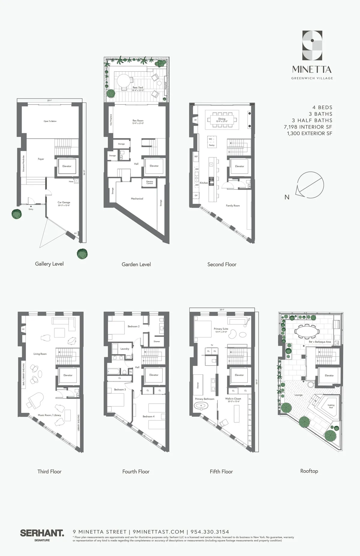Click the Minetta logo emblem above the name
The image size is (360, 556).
click(312, 46)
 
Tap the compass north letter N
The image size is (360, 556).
click(287, 197)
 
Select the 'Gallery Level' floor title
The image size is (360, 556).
click(49, 264)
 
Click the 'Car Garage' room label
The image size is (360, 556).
click(64, 203)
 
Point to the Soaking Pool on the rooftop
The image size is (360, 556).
click(331, 406)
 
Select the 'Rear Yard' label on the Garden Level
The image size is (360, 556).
click(138, 88)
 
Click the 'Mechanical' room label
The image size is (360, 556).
click(137, 199)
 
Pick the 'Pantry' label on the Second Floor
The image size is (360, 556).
click(211, 145)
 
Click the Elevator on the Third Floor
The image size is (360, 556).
click(68, 375)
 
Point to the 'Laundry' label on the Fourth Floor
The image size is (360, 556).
click(125, 349)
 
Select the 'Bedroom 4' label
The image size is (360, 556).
click(148, 416)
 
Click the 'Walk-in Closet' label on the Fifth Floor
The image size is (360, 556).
click(233, 399)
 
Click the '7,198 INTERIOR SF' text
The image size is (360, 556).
click(308, 127)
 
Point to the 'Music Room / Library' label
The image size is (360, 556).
click(49, 415)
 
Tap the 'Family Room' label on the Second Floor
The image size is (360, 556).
click(233, 206)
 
